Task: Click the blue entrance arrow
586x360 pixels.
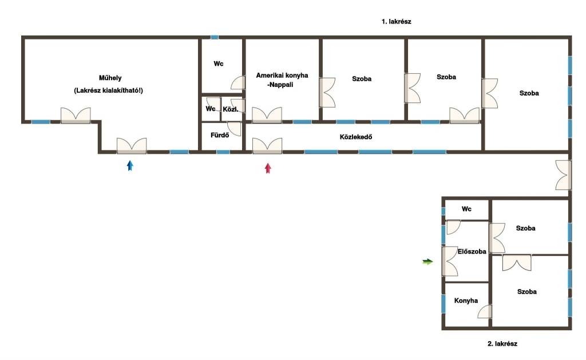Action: point(130,165)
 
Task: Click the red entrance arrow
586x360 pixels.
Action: point(268,168)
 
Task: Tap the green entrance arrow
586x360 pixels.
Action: point(427,262)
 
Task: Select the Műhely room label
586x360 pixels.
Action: point(110,78)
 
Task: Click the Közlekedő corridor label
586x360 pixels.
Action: point(356,137)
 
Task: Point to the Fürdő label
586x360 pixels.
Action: point(220,135)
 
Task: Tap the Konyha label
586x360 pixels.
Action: point(466,300)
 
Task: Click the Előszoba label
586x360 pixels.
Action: point(472,252)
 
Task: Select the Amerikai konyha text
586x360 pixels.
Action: point(282,75)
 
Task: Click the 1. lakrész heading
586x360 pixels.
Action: point(396,22)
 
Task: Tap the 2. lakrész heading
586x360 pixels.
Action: point(502,343)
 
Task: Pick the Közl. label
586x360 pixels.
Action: point(230,109)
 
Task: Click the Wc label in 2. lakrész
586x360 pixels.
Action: point(466,209)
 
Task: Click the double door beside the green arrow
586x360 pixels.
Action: point(450,262)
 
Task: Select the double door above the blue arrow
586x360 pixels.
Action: point(132,146)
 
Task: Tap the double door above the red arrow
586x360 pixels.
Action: point(267,146)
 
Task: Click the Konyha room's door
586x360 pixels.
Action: point(485,312)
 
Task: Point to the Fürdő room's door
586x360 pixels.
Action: point(234,129)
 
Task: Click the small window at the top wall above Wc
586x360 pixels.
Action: point(214,37)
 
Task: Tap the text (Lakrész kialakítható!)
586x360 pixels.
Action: point(108,90)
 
